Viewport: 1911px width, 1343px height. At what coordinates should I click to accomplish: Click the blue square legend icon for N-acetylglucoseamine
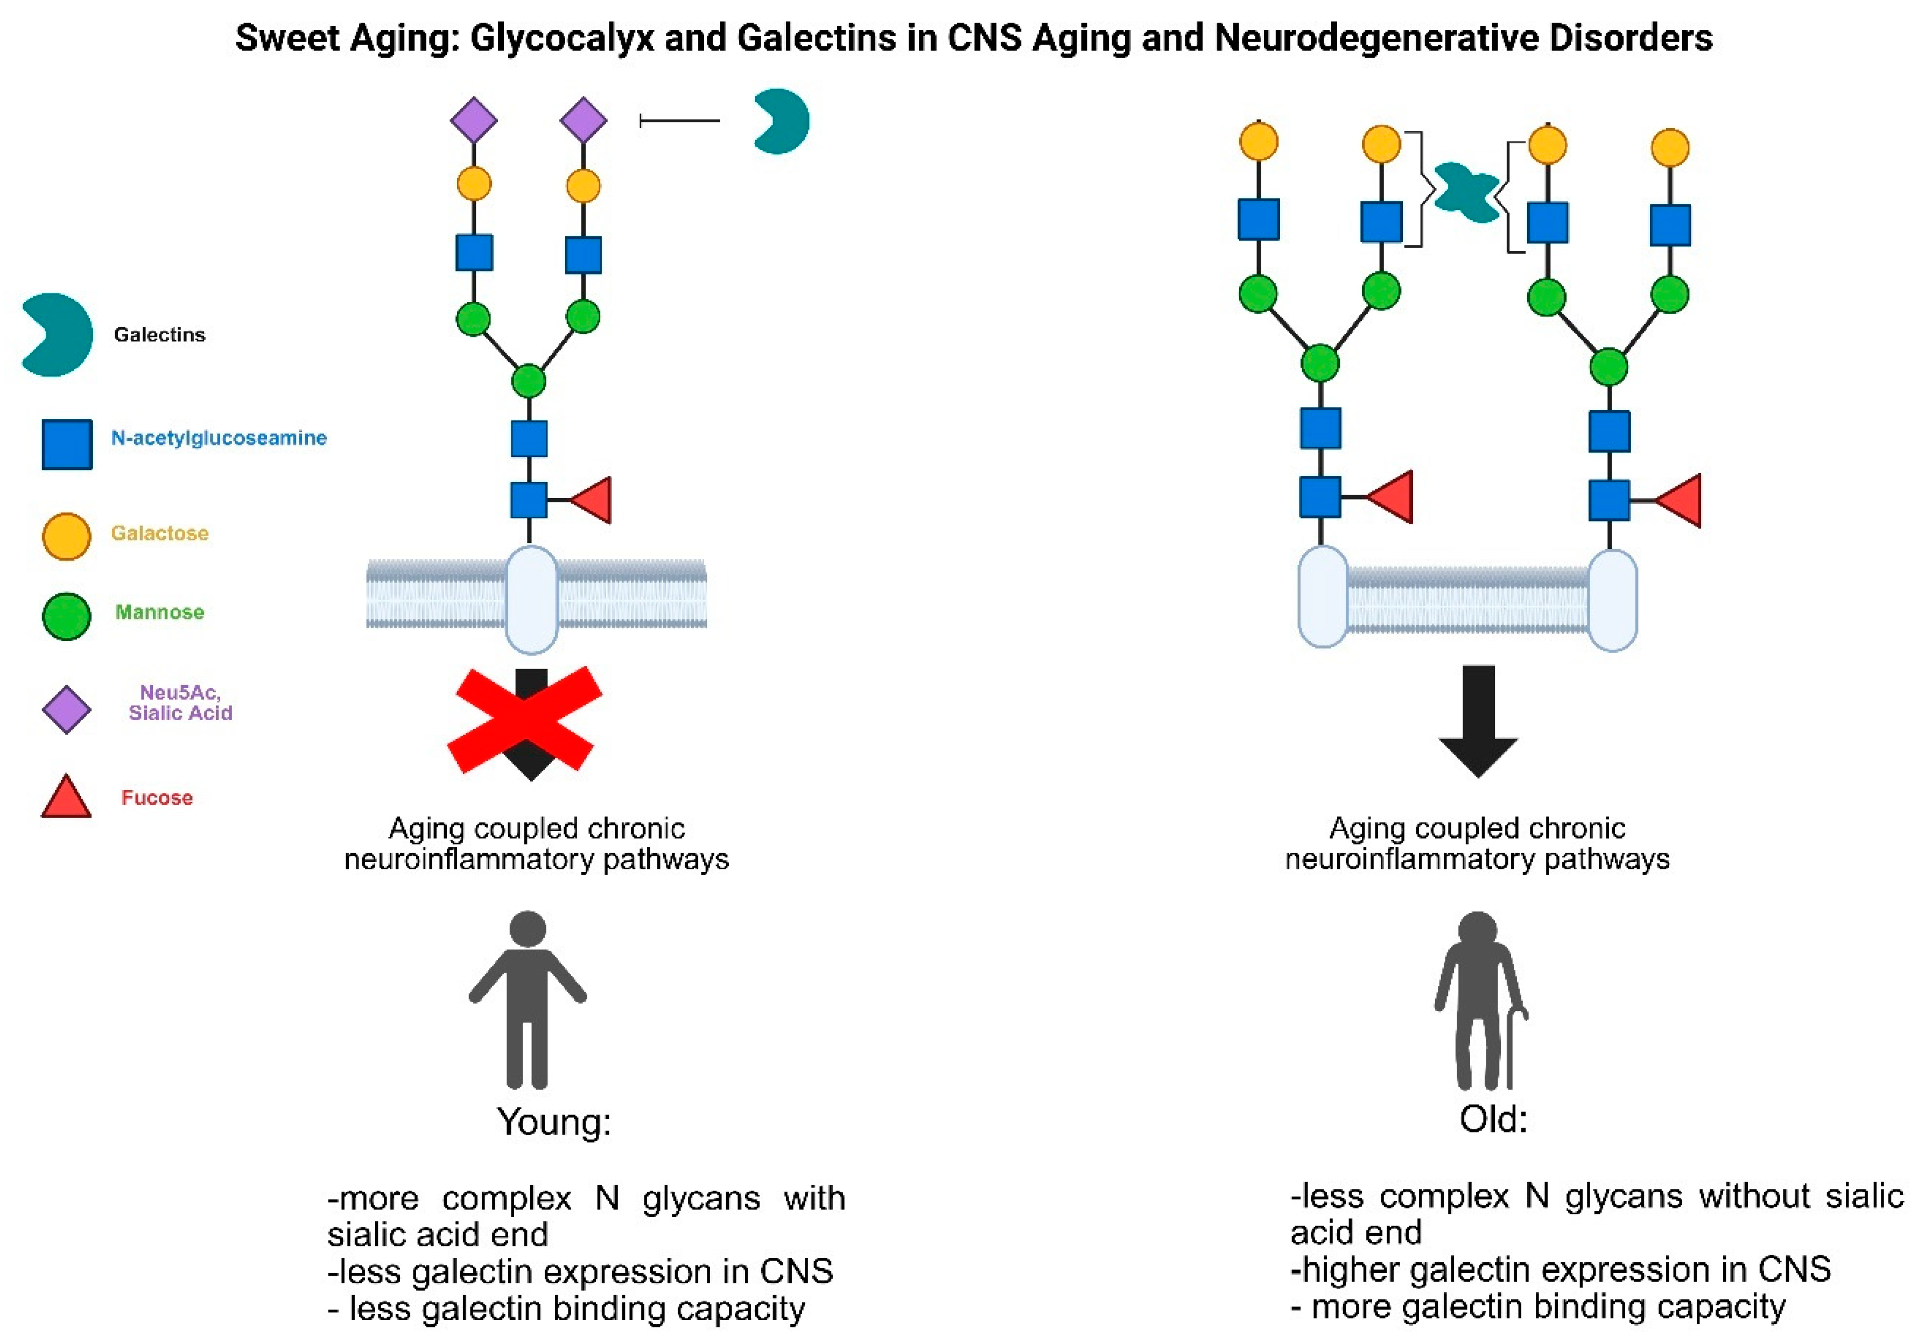point(67,444)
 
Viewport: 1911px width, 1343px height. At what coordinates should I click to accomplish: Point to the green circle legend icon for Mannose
point(67,616)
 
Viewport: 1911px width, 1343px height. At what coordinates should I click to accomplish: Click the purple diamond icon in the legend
point(67,710)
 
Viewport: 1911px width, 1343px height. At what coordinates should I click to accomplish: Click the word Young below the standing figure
point(553,1122)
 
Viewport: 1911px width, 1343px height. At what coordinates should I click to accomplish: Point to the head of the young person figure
point(528,929)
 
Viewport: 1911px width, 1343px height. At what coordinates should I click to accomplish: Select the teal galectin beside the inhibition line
point(780,122)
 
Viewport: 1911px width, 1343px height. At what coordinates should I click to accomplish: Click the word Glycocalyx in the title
point(562,38)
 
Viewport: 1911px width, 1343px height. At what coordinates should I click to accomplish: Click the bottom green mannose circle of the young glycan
point(529,381)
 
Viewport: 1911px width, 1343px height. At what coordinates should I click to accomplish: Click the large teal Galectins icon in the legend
point(57,334)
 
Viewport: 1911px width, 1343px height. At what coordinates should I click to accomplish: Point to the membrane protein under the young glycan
point(531,599)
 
